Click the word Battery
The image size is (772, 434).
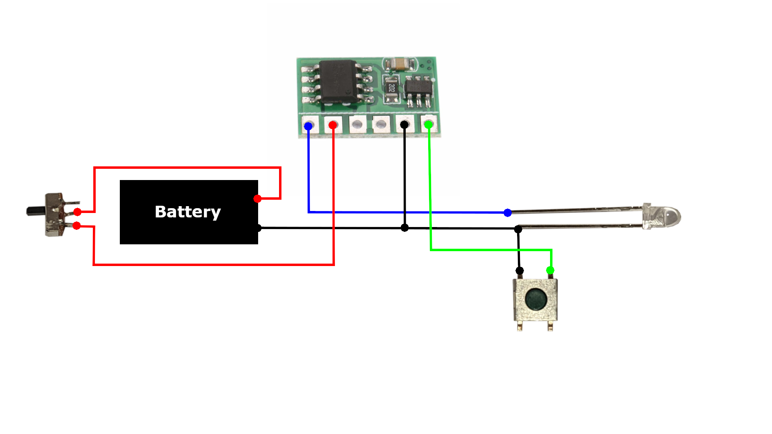pos(188,212)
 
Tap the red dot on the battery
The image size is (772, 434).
pos(257,199)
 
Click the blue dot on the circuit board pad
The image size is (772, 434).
pos(308,126)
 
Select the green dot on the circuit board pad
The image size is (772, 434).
pos(429,125)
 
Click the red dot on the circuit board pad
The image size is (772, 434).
pos(333,125)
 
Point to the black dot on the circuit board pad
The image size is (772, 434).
pos(404,125)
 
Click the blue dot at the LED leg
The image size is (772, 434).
pos(508,213)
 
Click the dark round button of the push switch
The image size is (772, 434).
pos(536,299)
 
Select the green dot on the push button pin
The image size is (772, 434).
pos(550,270)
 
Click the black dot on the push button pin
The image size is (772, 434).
pos(519,271)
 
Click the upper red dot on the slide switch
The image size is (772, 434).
pos(77,212)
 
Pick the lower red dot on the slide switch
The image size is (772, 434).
pos(77,226)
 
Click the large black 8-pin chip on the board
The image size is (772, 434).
pos(338,82)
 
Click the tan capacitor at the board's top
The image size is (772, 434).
pos(400,63)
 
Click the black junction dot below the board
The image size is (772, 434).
pos(404,228)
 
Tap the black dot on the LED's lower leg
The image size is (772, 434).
pos(518,229)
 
